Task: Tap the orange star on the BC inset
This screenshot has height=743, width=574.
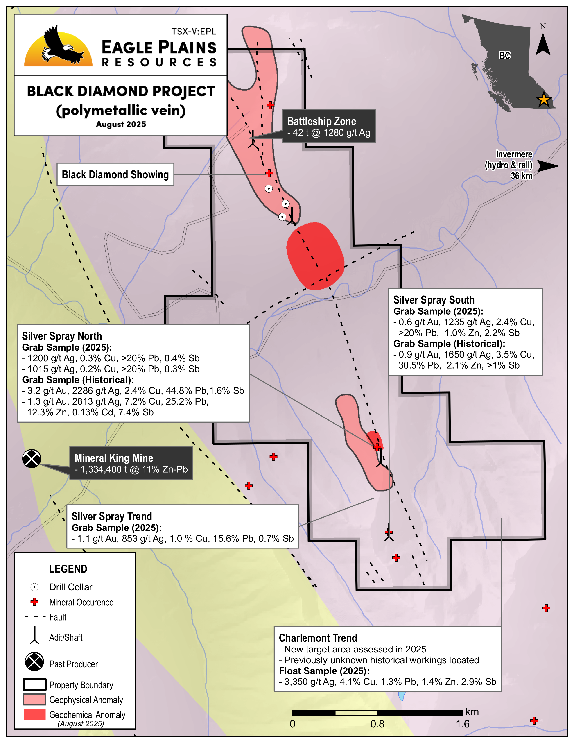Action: tap(543, 100)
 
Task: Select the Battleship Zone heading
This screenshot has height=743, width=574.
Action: tap(321, 121)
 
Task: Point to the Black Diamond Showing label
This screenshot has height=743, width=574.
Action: tap(115, 174)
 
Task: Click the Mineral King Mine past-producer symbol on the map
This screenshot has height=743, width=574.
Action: tap(32, 459)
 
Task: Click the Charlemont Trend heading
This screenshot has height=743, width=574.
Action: tap(318, 638)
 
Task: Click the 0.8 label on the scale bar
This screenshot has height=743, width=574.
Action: tap(377, 724)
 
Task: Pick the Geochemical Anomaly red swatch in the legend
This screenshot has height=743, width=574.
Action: tap(34, 714)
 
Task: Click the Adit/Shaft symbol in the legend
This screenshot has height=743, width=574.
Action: tap(34, 636)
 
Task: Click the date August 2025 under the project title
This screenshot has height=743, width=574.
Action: tap(121, 124)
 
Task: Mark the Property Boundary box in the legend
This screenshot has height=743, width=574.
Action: tap(34, 684)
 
